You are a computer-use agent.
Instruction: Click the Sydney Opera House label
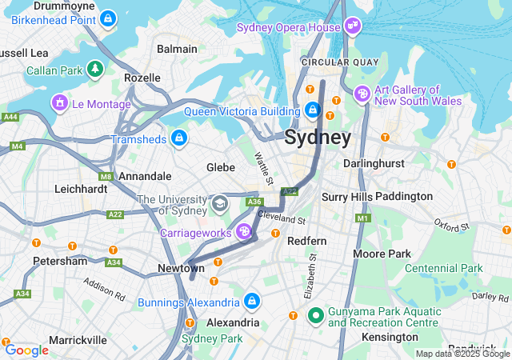coord(287,28)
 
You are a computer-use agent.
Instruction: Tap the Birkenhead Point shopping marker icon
coord(107,17)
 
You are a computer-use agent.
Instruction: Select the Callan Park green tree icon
coord(95,70)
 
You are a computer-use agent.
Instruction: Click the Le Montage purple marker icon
coord(59,103)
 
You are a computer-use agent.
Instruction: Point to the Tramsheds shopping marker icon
coord(178,138)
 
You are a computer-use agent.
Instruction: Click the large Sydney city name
coord(318,138)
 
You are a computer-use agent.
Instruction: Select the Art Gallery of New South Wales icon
coord(362,94)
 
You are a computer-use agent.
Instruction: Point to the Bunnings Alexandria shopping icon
coord(252,302)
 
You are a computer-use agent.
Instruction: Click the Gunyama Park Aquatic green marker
coord(315,316)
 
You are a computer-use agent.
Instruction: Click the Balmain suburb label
coord(177,49)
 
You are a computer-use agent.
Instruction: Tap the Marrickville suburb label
coord(78,340)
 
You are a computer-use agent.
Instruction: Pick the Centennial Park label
coord(444,268)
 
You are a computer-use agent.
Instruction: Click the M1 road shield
coord(364,218)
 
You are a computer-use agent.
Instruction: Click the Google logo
coord(26,350)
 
